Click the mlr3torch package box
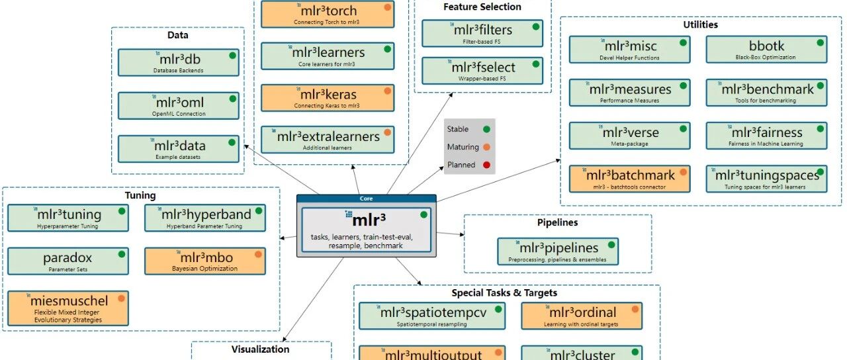[x=327, y=14]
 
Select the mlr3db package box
[x=178, y=62]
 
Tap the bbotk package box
[x=766, y=50]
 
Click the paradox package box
[x=67, y=261]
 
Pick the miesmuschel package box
[x=67, y=308]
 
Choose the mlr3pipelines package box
[x=558, y=251]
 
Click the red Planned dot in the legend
[x=486, y=165]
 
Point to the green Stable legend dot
[x=486, y=130]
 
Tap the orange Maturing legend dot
[x=486, y=147]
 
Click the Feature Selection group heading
[x=482, y=7]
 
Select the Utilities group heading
[x=700, y=24]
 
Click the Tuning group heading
[x=140, y=195]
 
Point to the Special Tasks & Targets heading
[x=504, y=292]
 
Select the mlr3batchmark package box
[x=629, y=179]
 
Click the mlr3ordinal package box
[x=581, y=316]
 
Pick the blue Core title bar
[x=366, y=199]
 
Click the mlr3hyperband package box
[x=204, y=218]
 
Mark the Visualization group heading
[x=260, y=349]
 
